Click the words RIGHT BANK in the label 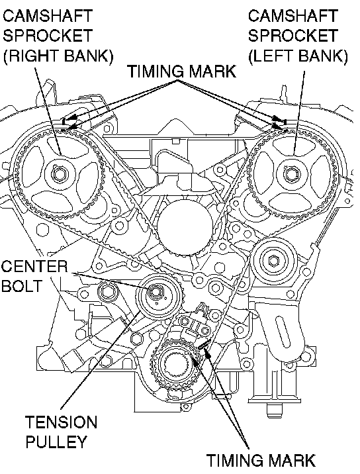58,56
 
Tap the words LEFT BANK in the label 298,56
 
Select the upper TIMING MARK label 181,71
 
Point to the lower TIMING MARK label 261,460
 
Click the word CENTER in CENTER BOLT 34,267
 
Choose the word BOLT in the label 21,286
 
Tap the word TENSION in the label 61,422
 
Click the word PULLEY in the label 56,442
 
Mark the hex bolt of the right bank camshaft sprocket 59,174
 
